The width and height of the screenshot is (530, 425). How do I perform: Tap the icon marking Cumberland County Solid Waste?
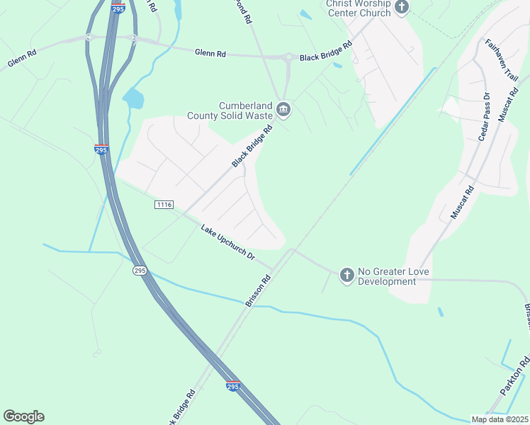[283, 109]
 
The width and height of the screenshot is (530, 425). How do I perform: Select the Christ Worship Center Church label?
[358, 8]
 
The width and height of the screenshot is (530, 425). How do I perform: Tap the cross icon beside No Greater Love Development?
[346, 275]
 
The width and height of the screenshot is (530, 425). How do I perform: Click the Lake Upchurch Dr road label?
[227, 242]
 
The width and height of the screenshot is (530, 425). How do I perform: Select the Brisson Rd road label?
[259, 290]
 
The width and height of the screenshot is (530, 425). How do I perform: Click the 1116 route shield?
[164, 204]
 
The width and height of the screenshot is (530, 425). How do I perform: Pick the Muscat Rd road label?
[462, 202]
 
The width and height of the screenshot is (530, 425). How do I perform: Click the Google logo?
[23, 416]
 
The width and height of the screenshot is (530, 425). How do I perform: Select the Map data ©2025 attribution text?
[499, 419]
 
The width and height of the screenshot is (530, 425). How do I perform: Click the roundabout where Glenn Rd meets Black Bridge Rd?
[288, 57]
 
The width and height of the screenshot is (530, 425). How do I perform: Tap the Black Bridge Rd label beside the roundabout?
[325, 52]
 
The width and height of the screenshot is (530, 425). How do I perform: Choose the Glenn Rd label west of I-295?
[22, 60]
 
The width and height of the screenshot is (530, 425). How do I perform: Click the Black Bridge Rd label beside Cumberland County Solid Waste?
[252, 147]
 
